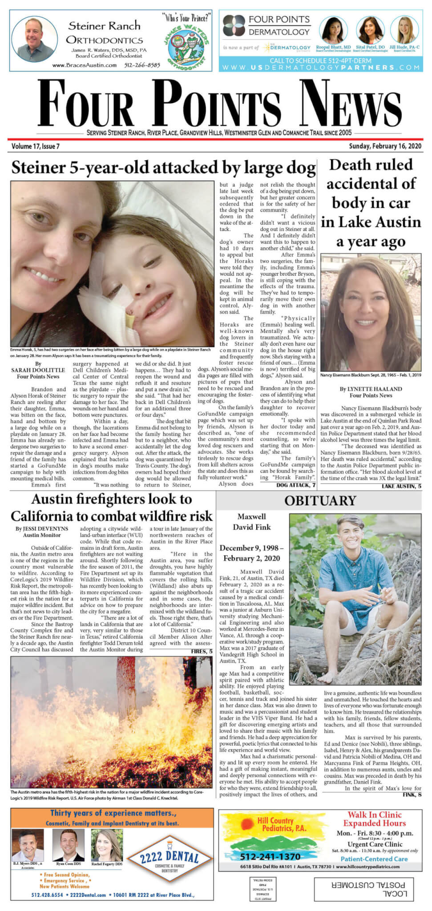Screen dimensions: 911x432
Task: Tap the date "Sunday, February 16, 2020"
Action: click(x=385, y=146)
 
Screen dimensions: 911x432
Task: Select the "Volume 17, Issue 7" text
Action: click(x=36, y=146)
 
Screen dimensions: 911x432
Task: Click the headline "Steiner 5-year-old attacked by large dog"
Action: click(x=163, y=168)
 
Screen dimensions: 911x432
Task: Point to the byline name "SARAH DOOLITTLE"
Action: click(x=38, y=370)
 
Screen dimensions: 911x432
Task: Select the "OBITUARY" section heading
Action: click(x=320, y=501)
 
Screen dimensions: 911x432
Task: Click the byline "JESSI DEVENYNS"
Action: click(x=42, y=529)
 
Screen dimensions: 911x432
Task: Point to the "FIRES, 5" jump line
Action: click(x=202, y=651)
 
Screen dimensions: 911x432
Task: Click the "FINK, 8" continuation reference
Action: click(x=412, y=795)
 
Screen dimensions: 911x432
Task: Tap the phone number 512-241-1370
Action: click(x=271, y=857)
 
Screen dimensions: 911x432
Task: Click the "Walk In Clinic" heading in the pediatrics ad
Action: click(x=374, y=815)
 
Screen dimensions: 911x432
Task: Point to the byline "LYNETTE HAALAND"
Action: click(x=371, y=389)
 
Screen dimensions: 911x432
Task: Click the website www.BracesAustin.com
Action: click(x=84, y=65)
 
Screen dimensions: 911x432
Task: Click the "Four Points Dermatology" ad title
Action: click(x=279, y=25)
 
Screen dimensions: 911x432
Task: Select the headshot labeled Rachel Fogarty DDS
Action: click(x=107, y=845)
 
